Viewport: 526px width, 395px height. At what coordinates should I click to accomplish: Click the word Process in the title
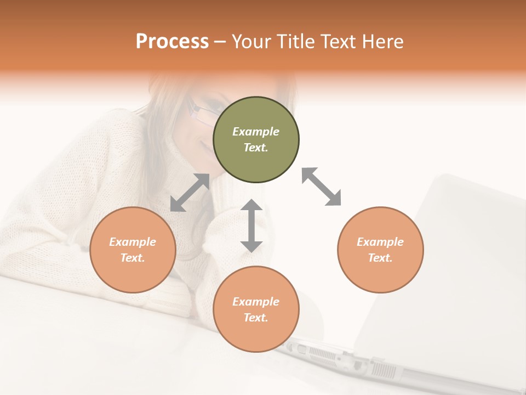172,42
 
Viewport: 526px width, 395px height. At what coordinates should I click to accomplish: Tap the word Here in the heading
381,42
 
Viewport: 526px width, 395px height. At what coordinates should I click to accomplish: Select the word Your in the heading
251,42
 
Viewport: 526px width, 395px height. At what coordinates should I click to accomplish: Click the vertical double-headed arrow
251,225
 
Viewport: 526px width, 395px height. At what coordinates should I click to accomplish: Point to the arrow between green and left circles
190,193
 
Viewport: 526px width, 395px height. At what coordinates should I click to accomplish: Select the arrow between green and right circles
322,187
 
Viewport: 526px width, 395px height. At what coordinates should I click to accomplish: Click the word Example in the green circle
256,132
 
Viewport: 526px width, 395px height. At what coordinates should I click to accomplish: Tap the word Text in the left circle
133,258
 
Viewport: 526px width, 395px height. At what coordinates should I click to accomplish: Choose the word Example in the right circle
380,242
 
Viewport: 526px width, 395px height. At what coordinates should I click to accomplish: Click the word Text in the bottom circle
256,318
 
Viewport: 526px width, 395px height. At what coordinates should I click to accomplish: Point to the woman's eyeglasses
200,112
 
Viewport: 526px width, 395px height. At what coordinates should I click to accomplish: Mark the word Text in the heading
338,42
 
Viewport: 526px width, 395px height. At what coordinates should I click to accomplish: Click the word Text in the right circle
380,258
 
